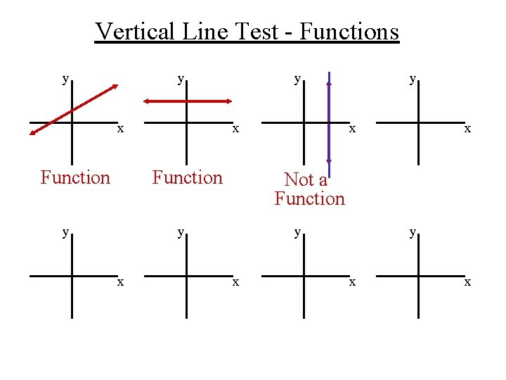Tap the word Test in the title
[x=254, y=31]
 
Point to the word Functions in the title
[x=347, y=31]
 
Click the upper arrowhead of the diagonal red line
[x=113, y=87]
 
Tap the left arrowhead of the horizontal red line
[x=147, y=101]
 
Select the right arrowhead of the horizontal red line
[x=226, y=101]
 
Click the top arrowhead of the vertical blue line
[x=329, y=82]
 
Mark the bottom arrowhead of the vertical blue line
[x=329, y=159]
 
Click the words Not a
[x=306, y=179]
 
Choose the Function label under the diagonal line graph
[x=75, y=177]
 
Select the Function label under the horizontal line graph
[x=187, y=177]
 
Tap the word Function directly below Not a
[x=310, y=198]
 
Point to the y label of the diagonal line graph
[x=65, y=79]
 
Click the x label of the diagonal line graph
[x=121, y=129]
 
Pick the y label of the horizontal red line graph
[x=181, y=79]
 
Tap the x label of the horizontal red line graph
[x=236, y=129]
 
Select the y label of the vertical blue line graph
[x=298, y=79]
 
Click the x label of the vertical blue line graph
[x=353, y=129]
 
